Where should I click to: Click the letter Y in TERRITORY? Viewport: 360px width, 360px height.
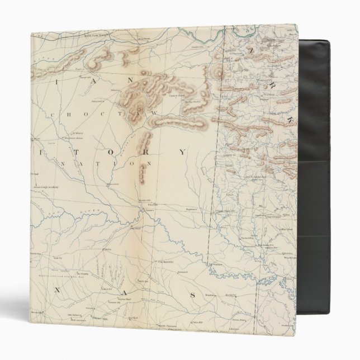pos(182,152)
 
